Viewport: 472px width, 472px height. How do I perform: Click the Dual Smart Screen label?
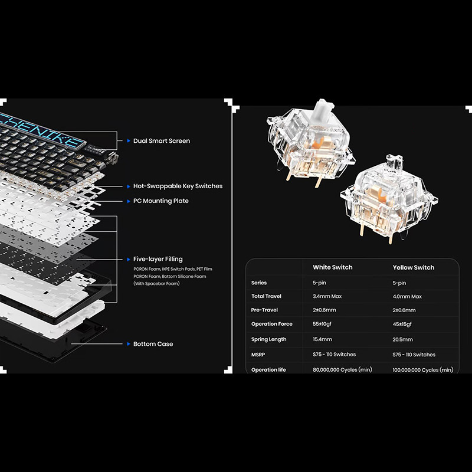coord(161,141)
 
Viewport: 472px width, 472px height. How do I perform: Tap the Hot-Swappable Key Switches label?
coord(178,186)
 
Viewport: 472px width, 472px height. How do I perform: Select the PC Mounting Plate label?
coord(160,201)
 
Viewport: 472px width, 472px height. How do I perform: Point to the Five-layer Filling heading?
coord(158,259)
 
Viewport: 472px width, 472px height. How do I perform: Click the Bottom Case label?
coord(153,344)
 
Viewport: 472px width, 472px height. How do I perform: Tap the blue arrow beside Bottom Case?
coord(129,344)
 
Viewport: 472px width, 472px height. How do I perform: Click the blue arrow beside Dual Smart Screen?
coord(129,141)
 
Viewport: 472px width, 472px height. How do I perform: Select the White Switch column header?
coord(332,267)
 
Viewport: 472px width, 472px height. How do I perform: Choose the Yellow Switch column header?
coord(414,267)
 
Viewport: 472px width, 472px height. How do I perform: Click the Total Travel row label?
coord(266,296)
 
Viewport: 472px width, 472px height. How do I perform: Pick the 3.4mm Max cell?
coord(327,296)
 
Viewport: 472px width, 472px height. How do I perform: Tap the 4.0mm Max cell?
coord(407,297)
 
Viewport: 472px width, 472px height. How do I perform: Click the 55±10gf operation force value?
coord(322,324)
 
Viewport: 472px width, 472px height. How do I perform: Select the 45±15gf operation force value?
coord(402,324)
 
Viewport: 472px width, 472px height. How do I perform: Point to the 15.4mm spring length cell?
coord(322,339)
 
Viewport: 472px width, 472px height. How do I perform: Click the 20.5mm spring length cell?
coord(402,340)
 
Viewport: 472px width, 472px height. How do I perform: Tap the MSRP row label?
coord(258,355)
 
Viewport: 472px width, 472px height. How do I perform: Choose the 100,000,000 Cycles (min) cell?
coord(423,370)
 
